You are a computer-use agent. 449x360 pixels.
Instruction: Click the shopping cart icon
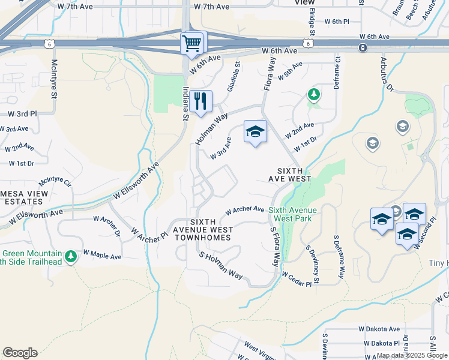click(x=193, y=43)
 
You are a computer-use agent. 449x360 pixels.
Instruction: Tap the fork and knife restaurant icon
click(x=201, y=101)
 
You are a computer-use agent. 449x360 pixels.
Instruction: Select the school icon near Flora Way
click(x=255, y=132)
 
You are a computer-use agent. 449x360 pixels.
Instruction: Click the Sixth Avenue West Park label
click(x=293, y=214)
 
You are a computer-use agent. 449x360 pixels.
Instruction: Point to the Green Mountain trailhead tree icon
click(x=71, y=257)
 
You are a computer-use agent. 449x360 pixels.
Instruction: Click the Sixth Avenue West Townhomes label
click(x=202, y=230)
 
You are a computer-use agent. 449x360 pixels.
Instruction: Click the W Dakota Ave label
click(x=379, y=329)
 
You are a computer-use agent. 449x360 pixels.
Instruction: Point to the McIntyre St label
click(x=54, y=79)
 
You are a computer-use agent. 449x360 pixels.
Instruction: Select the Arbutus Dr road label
click(x=386, y=74)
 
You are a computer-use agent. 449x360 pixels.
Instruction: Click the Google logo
click(x=20, y=353)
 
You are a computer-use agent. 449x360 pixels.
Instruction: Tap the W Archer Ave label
click(x=245, y=210)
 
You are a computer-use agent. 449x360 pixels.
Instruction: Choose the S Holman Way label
click(x=223, y=266)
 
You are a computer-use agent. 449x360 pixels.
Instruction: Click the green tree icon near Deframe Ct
click(x=313, y=94)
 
